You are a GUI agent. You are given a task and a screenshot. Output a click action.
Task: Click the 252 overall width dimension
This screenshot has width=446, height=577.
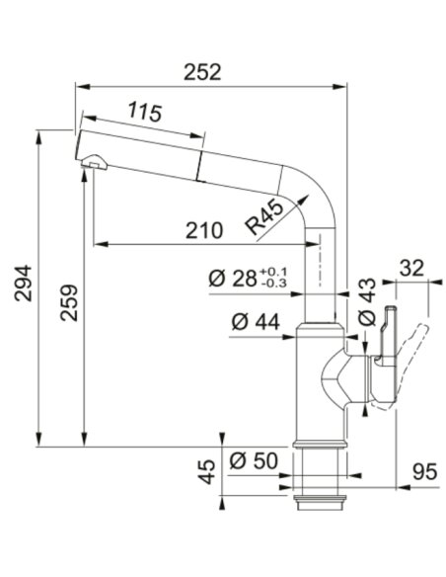point(202,72)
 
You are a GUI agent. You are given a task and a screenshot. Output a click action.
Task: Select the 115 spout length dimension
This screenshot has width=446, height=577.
point(145,112)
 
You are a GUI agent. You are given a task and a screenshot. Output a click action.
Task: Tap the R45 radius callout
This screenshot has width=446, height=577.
point(264,216)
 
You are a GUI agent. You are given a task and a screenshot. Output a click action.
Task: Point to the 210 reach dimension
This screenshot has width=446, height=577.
point(204,231)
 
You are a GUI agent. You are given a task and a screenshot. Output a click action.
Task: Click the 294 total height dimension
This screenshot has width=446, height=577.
point(23,283)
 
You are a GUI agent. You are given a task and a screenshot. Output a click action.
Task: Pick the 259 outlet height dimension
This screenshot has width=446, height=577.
point(69,302)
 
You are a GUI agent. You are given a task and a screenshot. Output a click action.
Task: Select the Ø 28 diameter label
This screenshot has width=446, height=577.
point(232,279)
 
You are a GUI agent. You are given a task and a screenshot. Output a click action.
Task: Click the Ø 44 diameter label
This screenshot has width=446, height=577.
point(256,322)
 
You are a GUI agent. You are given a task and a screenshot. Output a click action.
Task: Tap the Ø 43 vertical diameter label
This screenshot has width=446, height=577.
point(367,301)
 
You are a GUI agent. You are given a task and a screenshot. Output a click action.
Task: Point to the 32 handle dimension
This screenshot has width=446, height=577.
point(411,269)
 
